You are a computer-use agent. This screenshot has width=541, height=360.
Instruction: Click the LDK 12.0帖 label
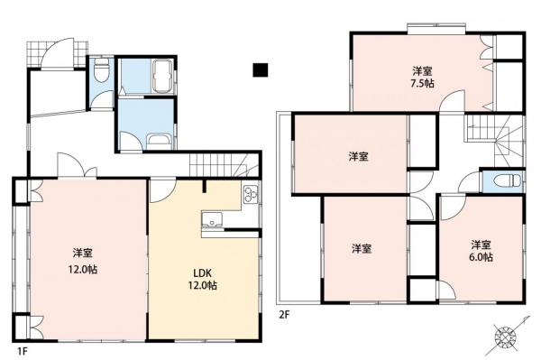coord(202,279)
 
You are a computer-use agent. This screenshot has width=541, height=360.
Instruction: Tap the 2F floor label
coord(284,315)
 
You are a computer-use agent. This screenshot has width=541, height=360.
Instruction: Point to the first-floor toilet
coord(101,69)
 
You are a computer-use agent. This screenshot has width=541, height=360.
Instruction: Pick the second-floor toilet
coord(507,180)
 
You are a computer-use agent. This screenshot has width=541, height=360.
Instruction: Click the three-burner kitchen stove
coord(251,195)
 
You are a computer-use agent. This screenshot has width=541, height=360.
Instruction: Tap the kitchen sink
coord(212,220)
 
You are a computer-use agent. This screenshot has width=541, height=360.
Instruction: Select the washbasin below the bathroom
coord(158,142)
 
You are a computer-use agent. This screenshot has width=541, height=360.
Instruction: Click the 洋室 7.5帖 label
coord(423,78)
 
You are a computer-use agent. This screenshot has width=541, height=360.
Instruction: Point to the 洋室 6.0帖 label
coord(481,251)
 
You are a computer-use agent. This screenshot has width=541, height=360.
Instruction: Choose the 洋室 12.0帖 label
coord(82,261)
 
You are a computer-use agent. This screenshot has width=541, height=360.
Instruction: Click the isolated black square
coord(261,70)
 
